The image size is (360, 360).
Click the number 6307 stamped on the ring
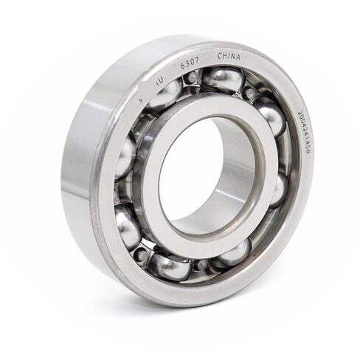tap(190, 64)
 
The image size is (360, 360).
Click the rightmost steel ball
tap(278, 188)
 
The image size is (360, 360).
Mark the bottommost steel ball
tap(170, 266)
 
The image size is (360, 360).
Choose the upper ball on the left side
tap(125, 156)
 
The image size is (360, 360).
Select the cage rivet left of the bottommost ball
tap(140, 255)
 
